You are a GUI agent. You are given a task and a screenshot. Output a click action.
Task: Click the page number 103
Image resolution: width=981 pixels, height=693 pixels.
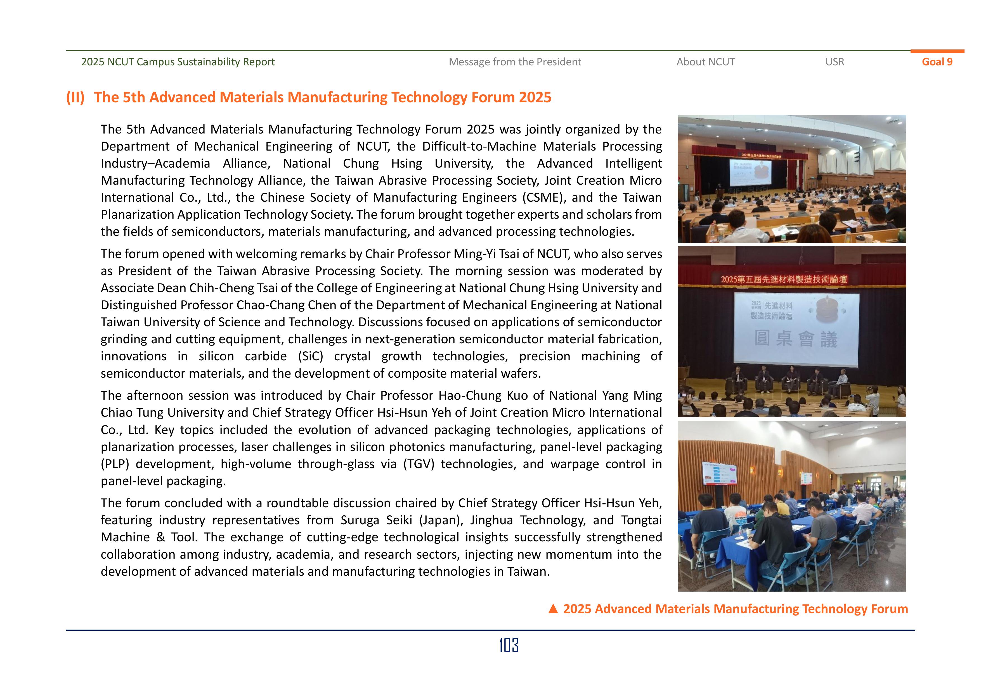509,645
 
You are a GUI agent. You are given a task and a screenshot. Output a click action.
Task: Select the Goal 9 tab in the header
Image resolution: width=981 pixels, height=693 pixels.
937,62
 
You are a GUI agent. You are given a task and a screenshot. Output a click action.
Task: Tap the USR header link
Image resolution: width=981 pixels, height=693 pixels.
835,62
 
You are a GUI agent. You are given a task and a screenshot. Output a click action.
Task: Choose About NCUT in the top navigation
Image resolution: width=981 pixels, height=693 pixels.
705,62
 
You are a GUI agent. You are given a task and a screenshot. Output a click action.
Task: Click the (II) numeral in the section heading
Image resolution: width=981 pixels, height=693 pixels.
75,97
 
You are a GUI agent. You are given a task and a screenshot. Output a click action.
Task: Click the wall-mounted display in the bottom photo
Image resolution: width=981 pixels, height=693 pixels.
720,473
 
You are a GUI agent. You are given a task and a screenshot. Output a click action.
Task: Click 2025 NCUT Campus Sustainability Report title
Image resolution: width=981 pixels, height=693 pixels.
178,62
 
